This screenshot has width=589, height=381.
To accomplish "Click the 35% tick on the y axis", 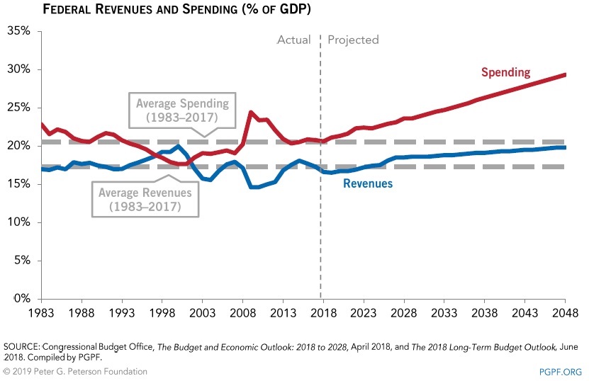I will [18, 31].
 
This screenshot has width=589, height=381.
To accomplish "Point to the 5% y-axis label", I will [21, 261].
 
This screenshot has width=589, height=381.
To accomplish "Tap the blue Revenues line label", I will [367, 183].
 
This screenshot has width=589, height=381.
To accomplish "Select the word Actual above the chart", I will [293, 40].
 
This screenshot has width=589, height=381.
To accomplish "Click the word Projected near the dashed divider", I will [353, 40].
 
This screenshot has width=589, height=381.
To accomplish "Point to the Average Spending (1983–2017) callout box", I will [183, 110].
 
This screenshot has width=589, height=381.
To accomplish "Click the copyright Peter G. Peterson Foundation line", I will [75, 371].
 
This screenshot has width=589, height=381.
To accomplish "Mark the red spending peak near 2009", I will [251, 112].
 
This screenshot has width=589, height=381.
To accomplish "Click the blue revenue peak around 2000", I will [178, 146].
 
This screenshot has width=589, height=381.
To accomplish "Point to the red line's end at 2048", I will [565, 74].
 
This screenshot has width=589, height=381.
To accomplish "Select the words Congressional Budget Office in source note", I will [96, 347].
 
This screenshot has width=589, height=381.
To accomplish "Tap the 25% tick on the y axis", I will [18, 108].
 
